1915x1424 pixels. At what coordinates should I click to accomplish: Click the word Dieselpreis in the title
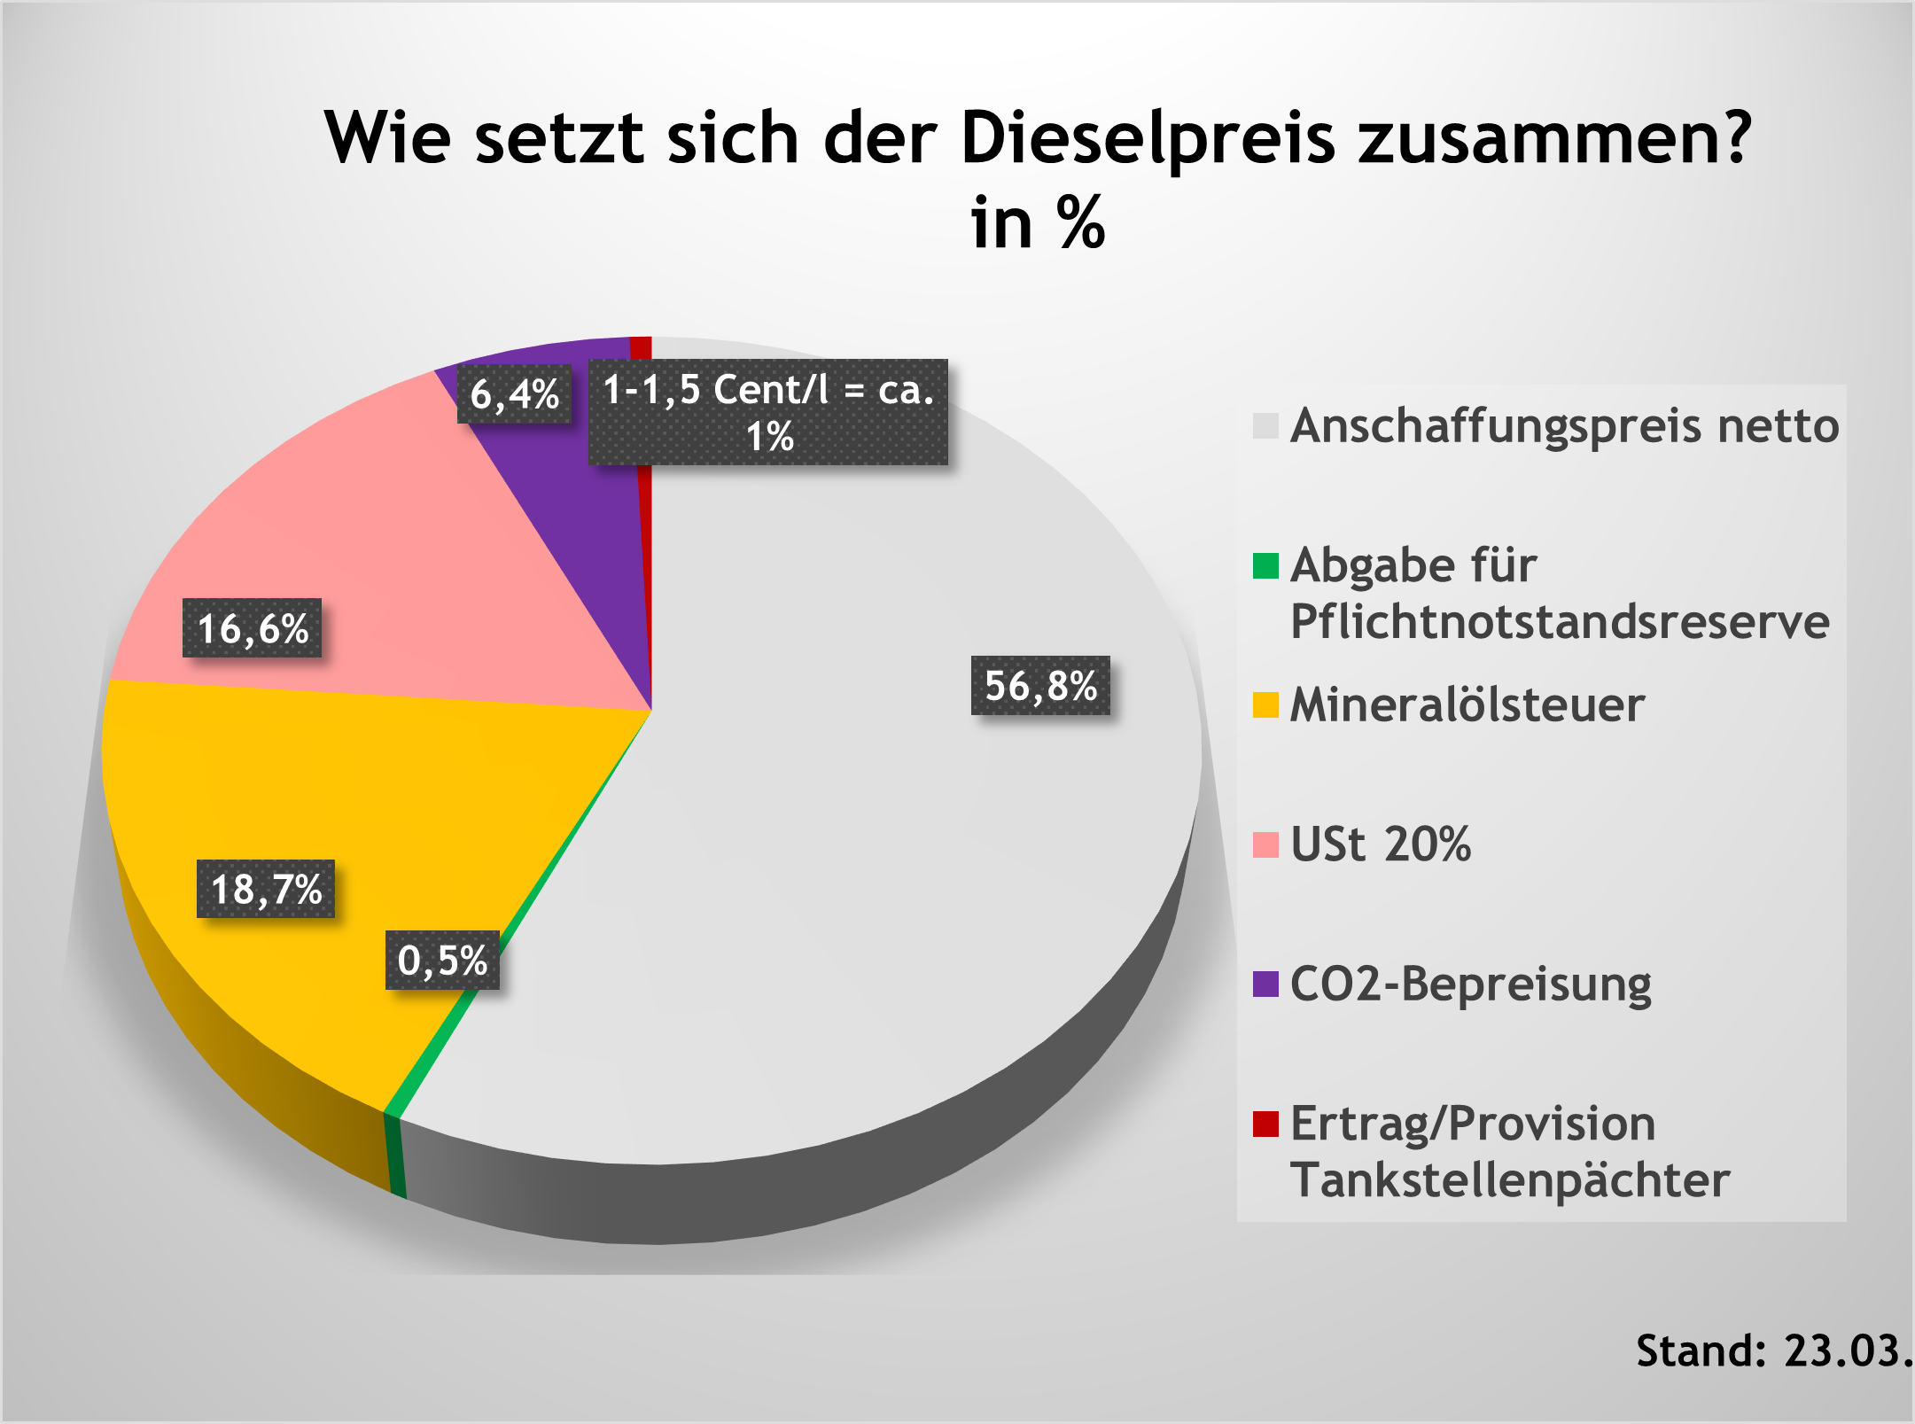[1148, 139]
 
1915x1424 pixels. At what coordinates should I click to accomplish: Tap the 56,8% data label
[1040, 686]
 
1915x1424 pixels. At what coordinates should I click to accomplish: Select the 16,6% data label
[253, 628]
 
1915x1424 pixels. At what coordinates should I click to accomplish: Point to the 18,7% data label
[266, 889]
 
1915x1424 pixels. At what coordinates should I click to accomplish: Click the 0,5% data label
[442, 960]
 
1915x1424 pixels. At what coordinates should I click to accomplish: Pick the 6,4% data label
[514, 393]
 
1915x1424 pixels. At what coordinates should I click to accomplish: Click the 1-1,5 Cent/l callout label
[768, 412]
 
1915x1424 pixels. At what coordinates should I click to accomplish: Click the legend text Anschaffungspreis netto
[1564, 425]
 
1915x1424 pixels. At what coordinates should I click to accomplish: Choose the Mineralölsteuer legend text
[1467, 705]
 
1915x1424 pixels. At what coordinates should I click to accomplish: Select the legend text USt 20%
[1381, 844]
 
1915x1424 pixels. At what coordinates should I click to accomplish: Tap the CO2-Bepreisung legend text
[1471, 984]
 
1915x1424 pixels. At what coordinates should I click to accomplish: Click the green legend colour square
[1265, 565]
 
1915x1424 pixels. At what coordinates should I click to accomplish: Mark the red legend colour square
[1265, 1124]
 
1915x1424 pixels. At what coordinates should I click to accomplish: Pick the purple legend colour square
[1265, 984]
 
